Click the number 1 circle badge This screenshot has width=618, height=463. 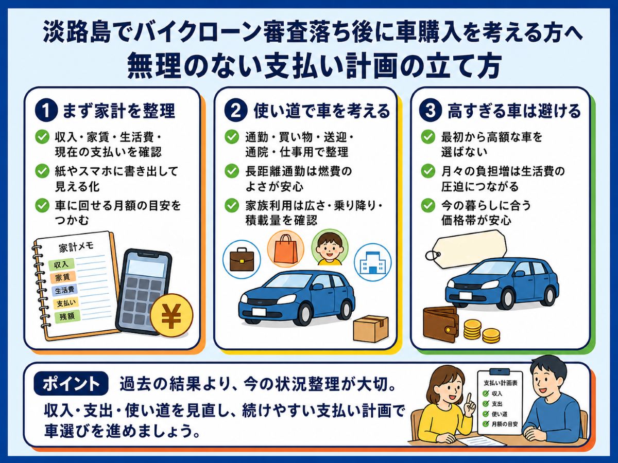tap(46, 111)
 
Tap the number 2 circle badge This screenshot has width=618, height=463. tap(236, 111)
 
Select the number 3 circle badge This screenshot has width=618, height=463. tap(430, 111)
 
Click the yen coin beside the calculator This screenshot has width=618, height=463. tap(171, 315)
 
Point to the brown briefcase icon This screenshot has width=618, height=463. tap(242, 259)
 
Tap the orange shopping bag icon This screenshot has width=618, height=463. tap(286, 248)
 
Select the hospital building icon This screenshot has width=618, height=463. tap(372, 262)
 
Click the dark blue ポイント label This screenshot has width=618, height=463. tap(71, 383)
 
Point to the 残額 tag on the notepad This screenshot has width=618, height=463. tap(67, 317)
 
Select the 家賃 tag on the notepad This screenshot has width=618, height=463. tap(62, 277)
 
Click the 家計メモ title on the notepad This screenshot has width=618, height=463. tap(76, 247)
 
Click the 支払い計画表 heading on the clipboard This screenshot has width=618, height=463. tap(500, 383)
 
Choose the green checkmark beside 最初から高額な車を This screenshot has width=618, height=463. tap(428, 137)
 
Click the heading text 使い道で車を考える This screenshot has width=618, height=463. tap(322, 111)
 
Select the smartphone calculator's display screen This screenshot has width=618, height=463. tap(146, 268)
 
